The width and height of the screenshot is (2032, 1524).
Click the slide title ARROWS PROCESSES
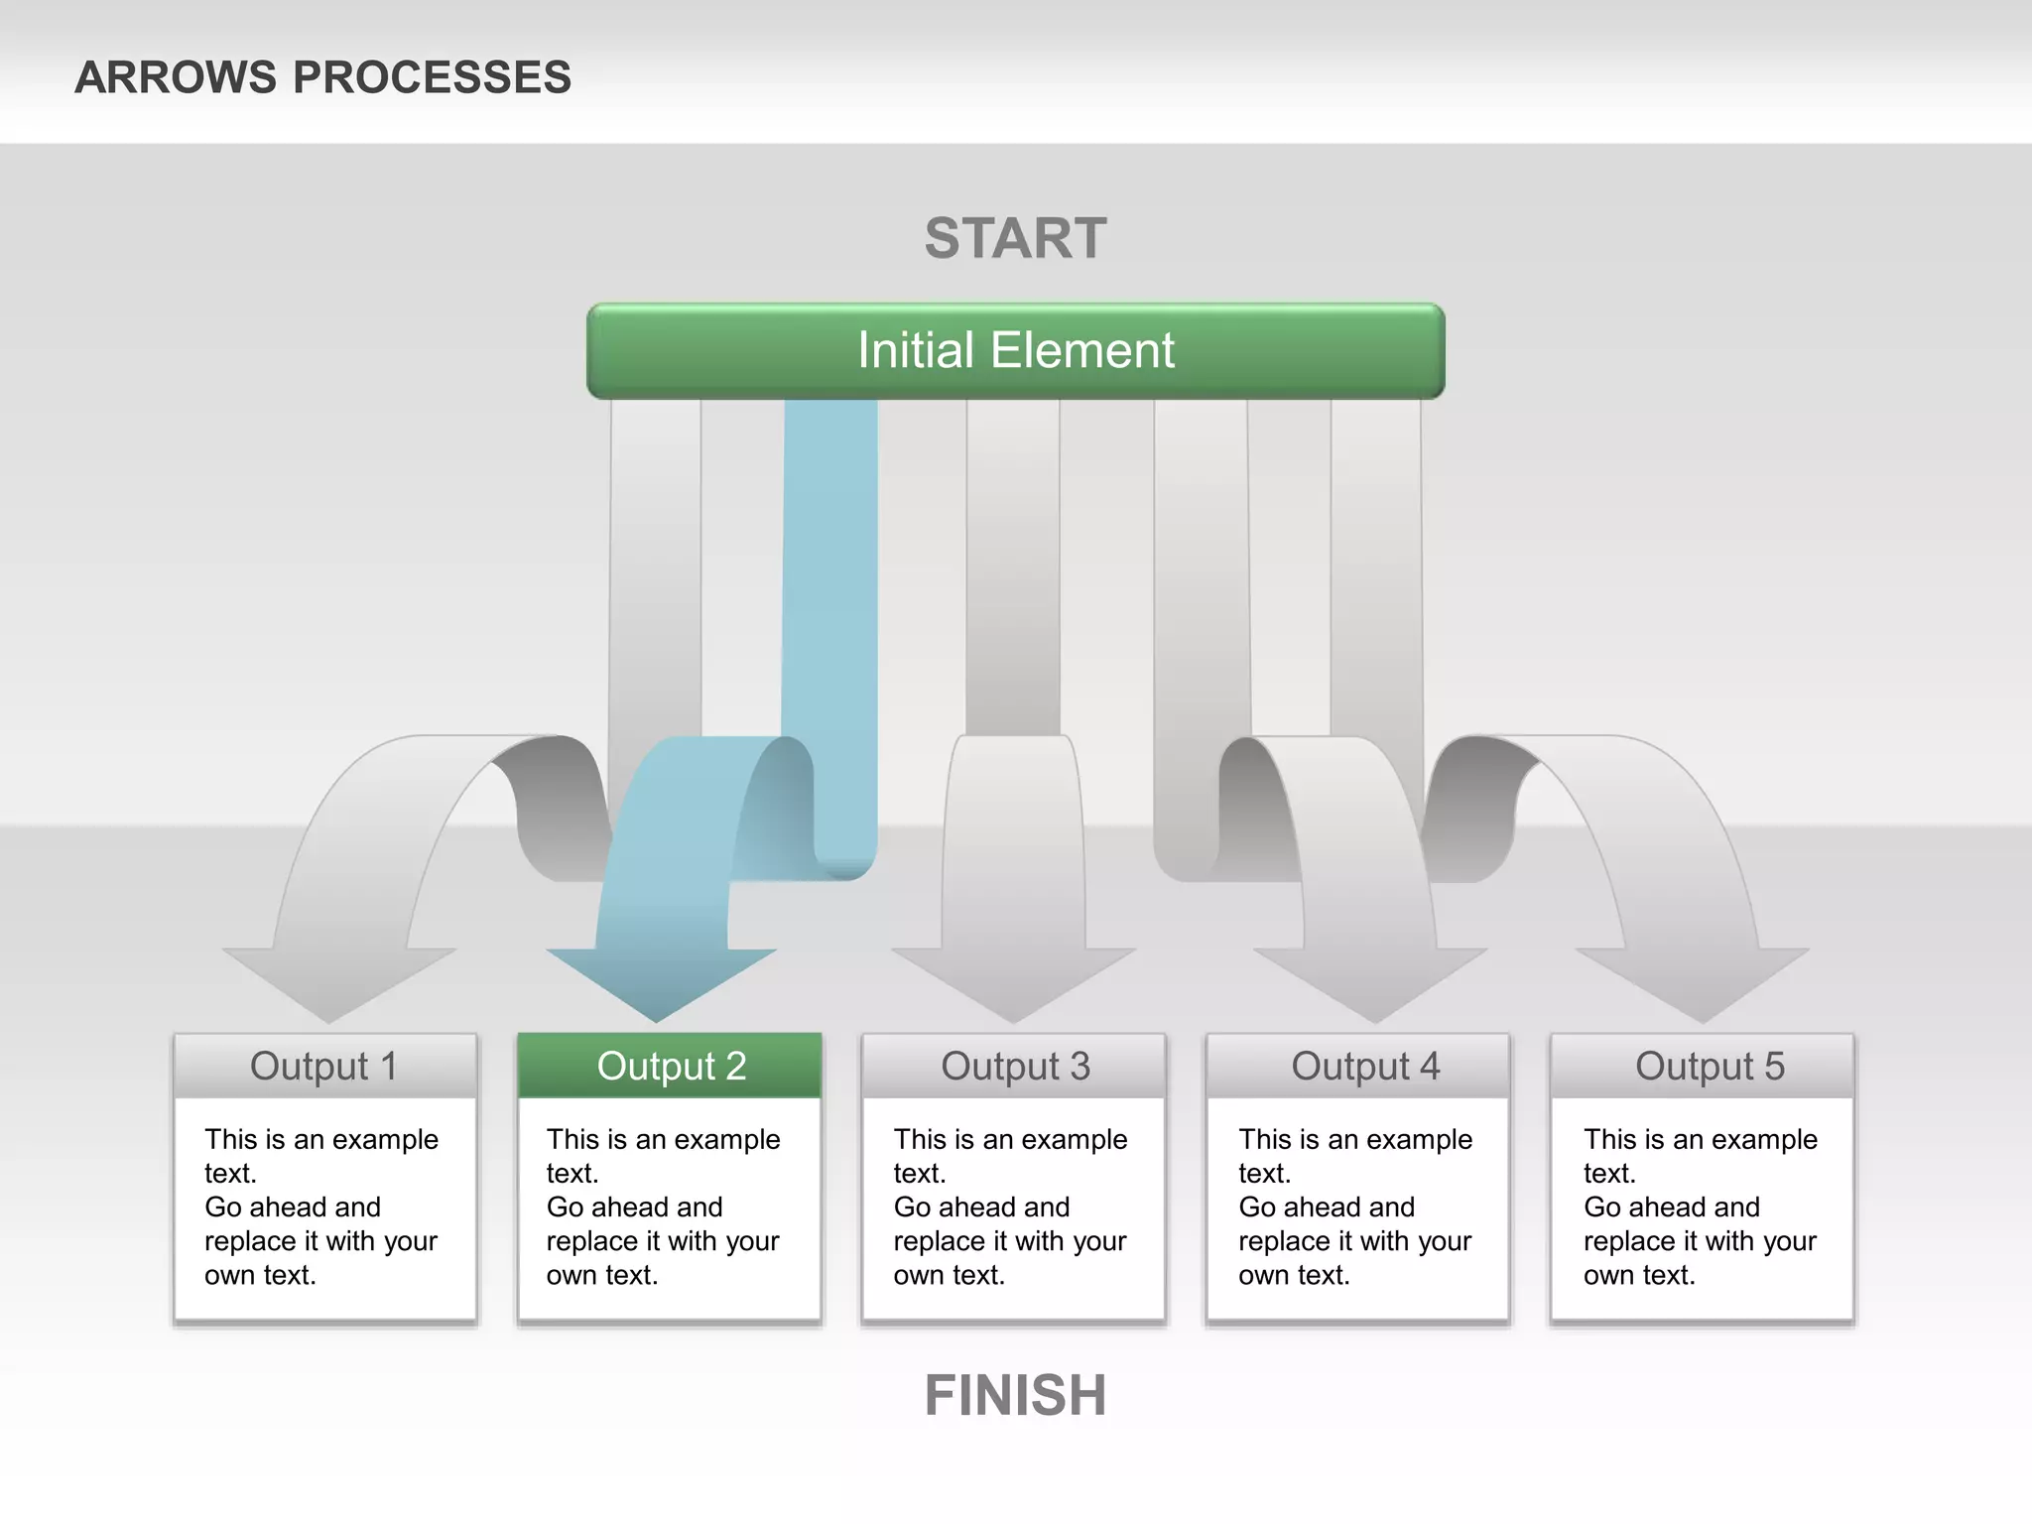click(x=322, y=77)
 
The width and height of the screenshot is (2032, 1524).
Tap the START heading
click(x=1015, y=239)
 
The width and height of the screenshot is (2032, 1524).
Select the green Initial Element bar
click(x=1015, y=351)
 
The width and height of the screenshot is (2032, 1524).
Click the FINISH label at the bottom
click(x=1015, y=1395)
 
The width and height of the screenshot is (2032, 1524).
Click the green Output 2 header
click(x=671, y=1067)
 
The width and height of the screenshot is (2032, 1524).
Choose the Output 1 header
click(x=324, y=1067)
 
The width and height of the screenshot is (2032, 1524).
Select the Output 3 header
click(x=1015, y=1067)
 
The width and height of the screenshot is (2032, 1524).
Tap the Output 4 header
click(x=1364, y=1067)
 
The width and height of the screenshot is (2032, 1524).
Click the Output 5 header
click(x=1709, y=1067)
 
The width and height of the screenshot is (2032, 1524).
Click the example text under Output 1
click(x=320, y=1206)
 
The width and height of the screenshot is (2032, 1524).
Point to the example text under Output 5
click(x=1700, y=1206)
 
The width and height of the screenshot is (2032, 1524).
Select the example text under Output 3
click(x=1010, y=1206)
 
